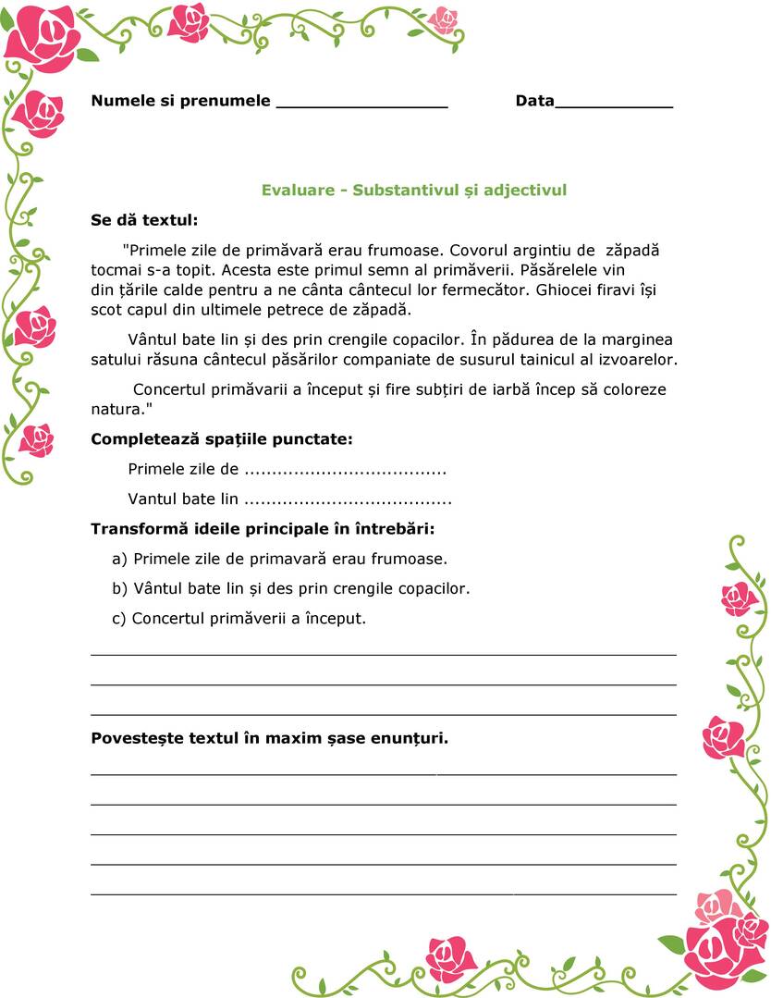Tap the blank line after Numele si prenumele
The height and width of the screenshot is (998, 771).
(361, 104)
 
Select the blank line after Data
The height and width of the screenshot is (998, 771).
(613, 104)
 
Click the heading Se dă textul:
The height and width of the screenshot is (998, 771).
(144, 220)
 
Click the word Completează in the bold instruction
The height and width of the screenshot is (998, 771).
(142, 439)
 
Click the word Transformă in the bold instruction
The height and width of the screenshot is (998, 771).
(140, 530)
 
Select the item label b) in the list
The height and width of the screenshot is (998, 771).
(119, 589)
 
